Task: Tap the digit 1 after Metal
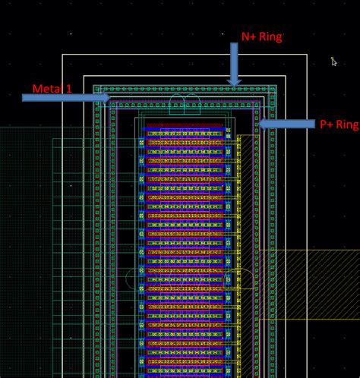[68, 90]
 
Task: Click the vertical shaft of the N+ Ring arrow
[234, 57]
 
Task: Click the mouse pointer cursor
[333, 61]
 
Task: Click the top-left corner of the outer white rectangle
[63, 55]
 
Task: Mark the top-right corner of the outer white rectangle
[307, 55]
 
